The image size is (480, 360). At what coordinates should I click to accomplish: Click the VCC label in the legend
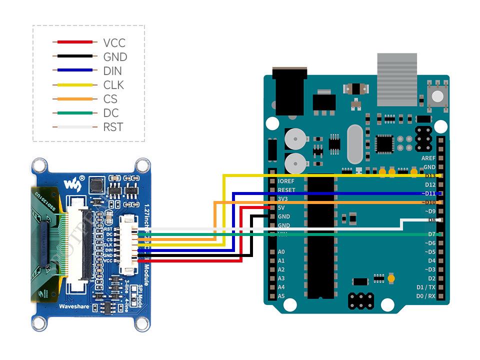114,43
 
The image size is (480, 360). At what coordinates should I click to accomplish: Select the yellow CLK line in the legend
72,85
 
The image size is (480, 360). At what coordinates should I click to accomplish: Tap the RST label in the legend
112,127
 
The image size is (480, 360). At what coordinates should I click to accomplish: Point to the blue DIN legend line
72,71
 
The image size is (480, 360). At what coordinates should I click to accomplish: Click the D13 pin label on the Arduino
430,176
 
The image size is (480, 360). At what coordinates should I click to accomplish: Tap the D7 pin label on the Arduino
431,234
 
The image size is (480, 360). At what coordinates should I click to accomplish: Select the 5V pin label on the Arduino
281,207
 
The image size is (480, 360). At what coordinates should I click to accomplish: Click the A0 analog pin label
281,252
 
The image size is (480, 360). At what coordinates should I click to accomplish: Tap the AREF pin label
428,158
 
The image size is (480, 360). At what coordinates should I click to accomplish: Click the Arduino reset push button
437,96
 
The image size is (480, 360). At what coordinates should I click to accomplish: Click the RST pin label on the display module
108,228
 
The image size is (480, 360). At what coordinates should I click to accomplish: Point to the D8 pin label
431,220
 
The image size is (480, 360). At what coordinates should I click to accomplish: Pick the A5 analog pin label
281,296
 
